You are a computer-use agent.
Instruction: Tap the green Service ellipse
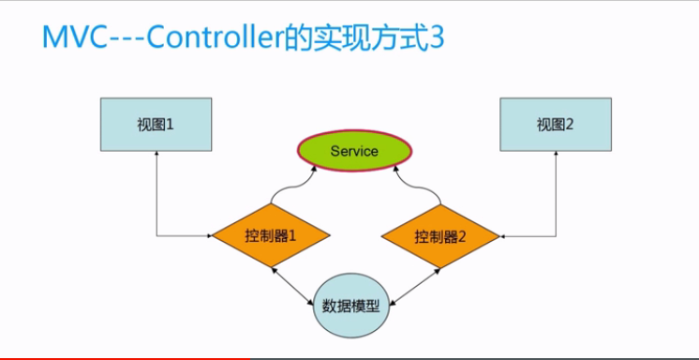tap(354, 150)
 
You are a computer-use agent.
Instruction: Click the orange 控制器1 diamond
tap(270, 235)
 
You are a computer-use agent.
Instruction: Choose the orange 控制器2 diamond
tap(439, 235)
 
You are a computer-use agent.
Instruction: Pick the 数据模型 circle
tap(350, 306)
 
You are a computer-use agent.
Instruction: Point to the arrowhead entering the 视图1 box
tap(156, 156)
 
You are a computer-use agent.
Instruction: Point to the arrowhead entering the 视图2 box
tap(556, 156)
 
